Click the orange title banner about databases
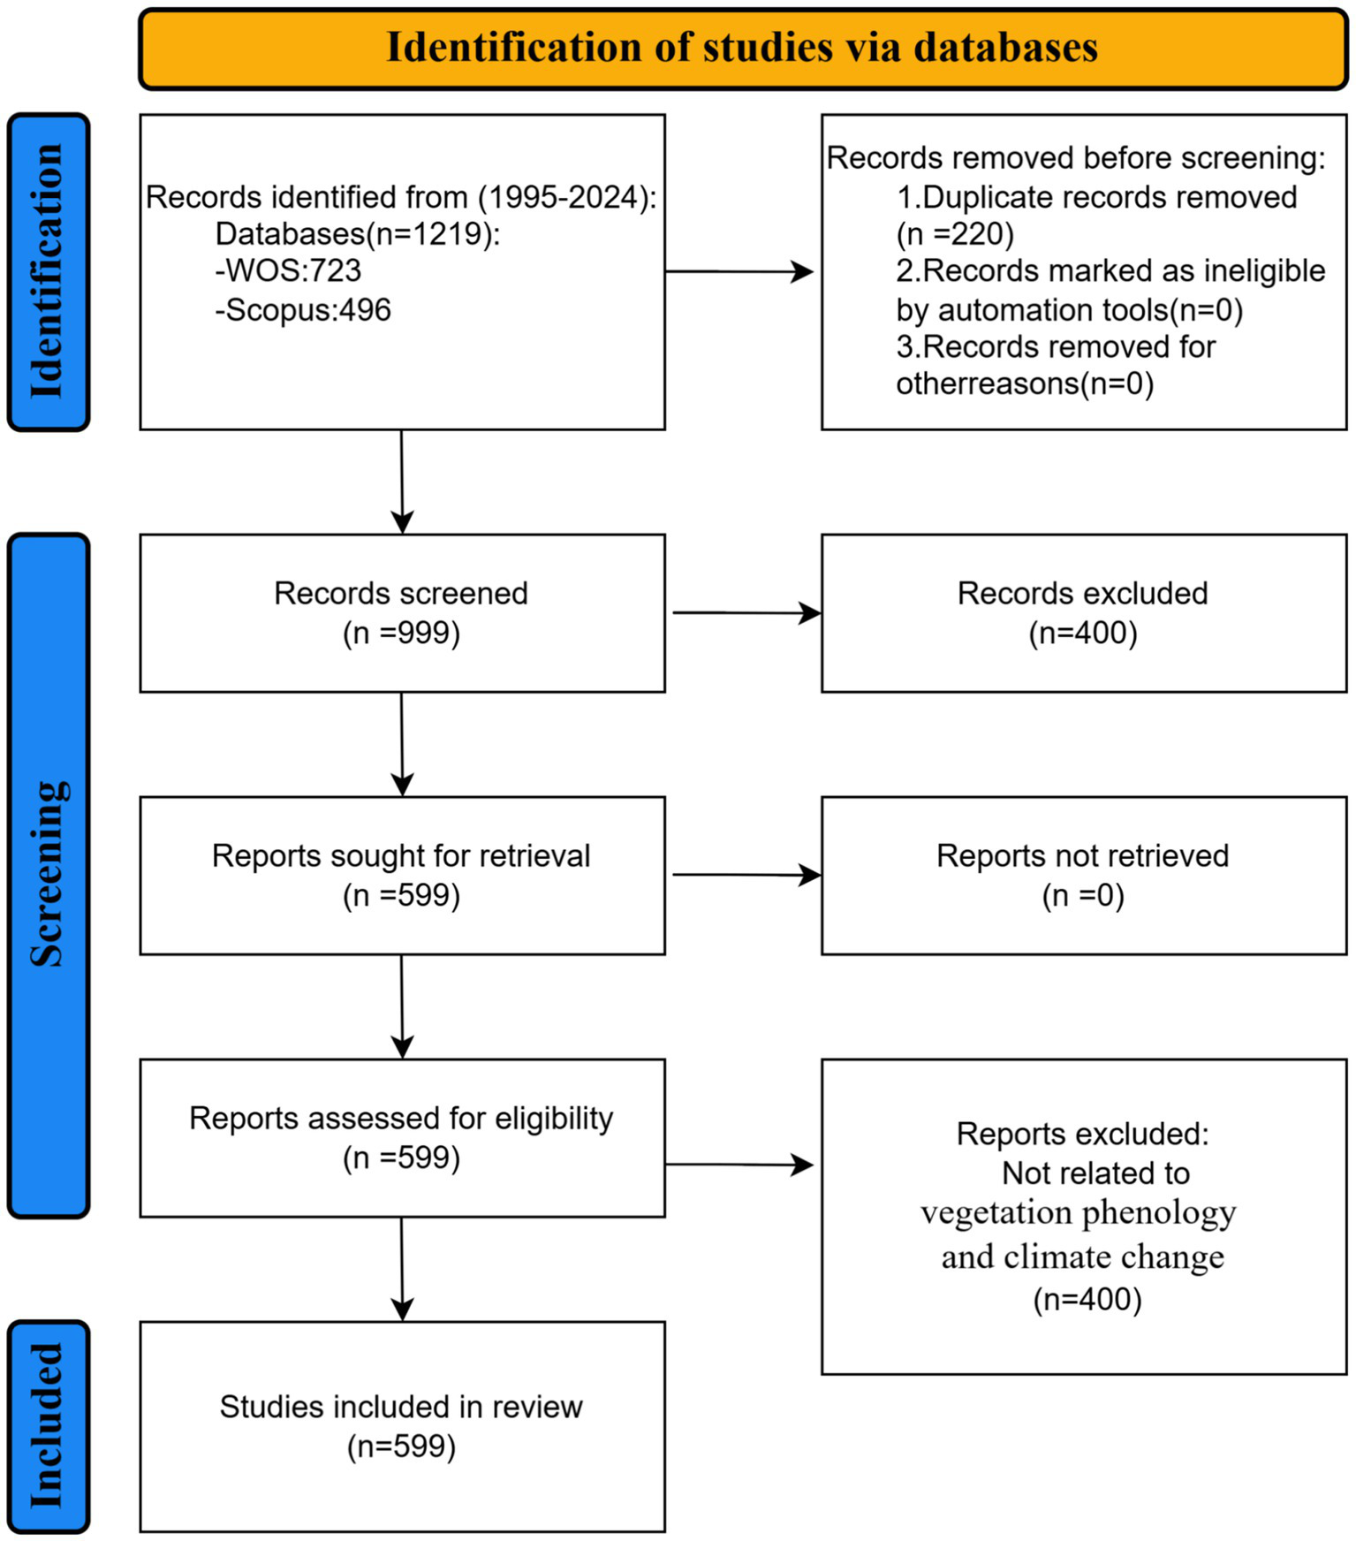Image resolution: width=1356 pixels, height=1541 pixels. click(742, 49)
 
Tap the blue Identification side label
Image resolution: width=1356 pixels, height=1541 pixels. click(49, 271)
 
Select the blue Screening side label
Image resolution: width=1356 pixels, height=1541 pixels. click(49, 875)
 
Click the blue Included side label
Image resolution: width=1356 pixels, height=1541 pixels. click(49, 1426)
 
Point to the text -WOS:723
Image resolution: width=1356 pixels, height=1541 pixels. click(288, 270)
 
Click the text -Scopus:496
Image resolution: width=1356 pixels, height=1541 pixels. click(302, 310)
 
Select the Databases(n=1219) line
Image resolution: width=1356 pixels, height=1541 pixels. click(358, 234)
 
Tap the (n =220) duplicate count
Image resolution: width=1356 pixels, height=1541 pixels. click(955, 234)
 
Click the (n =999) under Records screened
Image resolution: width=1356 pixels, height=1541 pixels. click(402, 633)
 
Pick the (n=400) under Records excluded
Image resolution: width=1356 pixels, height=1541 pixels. click(1083, 633)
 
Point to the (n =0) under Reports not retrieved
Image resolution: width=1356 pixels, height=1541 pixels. click(1083, 895)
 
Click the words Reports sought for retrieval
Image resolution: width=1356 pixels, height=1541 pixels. click(401, 855)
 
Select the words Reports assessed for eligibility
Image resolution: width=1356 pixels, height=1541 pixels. click(401, 1118)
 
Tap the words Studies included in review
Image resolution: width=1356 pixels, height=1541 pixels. click(401, 1407)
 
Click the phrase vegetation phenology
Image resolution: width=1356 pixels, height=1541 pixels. click(1078, 1212)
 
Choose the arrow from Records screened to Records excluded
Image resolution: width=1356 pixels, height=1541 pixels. click(746, 612)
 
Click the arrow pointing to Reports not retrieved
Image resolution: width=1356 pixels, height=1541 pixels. click(746, 875)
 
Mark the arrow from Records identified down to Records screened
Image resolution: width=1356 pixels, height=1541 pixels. click(402, 482)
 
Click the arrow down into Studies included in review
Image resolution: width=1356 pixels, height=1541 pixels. click(402, 1269)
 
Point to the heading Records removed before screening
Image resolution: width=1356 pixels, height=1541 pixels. click(1076, 158)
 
